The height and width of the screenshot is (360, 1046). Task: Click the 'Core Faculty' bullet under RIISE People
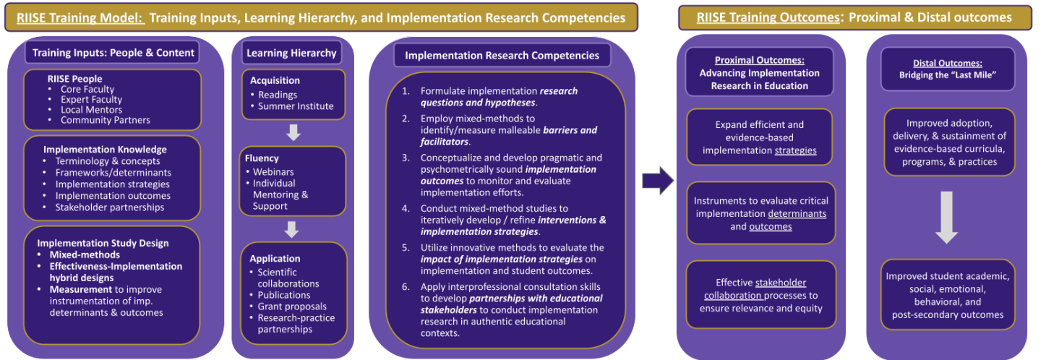87,89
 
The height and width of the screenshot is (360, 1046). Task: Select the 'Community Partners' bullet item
106,120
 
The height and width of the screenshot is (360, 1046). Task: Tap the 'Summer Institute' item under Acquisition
296,106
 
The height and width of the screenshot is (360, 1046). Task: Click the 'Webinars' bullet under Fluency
273,172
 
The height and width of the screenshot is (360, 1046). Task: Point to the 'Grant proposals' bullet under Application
292,307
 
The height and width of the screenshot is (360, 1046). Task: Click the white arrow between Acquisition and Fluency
293,132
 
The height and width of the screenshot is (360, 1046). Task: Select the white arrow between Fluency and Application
292,229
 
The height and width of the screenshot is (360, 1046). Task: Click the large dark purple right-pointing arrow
658,180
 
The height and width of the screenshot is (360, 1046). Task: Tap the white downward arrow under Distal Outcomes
946,217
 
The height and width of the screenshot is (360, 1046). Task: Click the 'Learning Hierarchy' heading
291,53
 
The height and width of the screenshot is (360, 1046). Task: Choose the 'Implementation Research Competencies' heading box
502,56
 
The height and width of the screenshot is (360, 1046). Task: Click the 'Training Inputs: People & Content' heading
113,53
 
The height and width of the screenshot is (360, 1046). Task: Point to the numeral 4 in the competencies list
405,208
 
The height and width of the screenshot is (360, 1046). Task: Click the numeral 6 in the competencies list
405,287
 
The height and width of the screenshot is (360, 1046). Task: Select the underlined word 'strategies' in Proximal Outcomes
796,150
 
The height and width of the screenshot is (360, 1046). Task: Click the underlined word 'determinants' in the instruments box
797,213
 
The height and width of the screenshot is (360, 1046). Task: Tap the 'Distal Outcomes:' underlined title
948,63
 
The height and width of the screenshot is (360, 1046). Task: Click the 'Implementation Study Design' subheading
103,244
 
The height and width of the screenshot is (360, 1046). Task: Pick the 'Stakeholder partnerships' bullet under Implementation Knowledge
110,207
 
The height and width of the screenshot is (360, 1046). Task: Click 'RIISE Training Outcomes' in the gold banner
768,17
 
